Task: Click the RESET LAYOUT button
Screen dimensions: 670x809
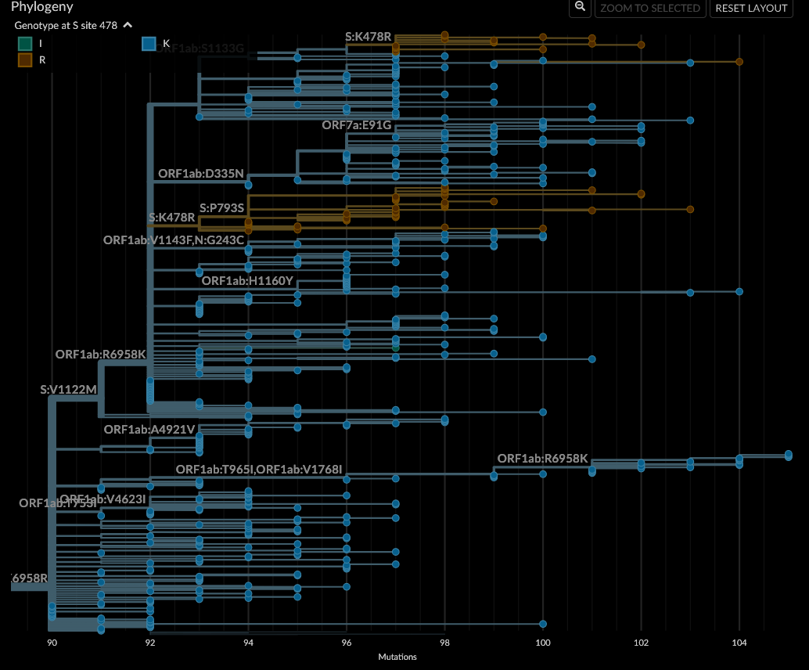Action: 750,8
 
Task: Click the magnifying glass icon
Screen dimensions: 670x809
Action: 580,8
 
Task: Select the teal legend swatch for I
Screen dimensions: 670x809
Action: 26,44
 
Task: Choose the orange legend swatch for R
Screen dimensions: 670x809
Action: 26,60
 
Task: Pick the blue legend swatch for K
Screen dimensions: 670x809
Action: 149,44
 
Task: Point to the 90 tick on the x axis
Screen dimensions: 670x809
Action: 52,643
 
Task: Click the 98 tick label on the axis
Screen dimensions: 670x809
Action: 444,643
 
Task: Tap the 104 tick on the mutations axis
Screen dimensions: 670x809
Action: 739,643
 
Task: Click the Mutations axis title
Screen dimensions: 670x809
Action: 397,657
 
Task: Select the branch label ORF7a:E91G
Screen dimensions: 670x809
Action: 357,125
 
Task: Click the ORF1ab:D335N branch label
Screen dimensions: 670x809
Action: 201,173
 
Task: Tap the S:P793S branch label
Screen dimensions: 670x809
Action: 222,207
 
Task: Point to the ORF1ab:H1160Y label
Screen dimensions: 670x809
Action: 247,280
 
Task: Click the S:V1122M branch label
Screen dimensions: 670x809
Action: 69,389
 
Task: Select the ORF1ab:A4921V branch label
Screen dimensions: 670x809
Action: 149,429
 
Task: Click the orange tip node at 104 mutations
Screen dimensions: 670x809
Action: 739,61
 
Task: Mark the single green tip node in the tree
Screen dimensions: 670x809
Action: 396,345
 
